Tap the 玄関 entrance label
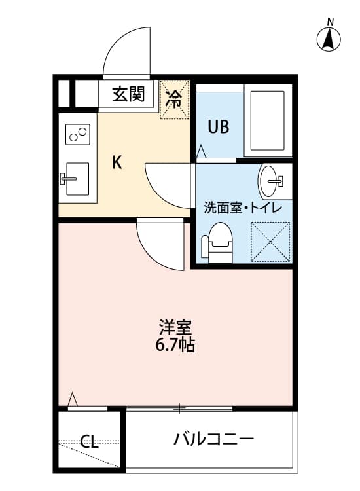129,94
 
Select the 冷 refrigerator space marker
174,100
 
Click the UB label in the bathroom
219,127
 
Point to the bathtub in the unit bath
268,120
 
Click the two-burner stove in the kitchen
78,134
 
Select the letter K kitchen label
117,162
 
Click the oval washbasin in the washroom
269,181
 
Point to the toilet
218,243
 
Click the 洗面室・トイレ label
243,208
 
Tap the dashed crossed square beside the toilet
270,242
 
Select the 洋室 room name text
175,327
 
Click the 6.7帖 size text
175,345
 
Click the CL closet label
89,441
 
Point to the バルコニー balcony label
213,439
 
